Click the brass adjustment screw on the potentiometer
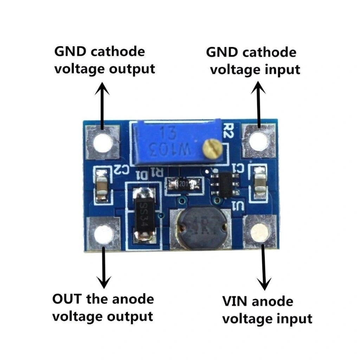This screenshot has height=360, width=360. tap(211, 149)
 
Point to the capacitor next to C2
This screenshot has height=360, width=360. tap(102, 185)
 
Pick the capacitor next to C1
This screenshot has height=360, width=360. tap(260, 184)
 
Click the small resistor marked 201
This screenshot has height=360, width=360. tap(183, 184)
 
